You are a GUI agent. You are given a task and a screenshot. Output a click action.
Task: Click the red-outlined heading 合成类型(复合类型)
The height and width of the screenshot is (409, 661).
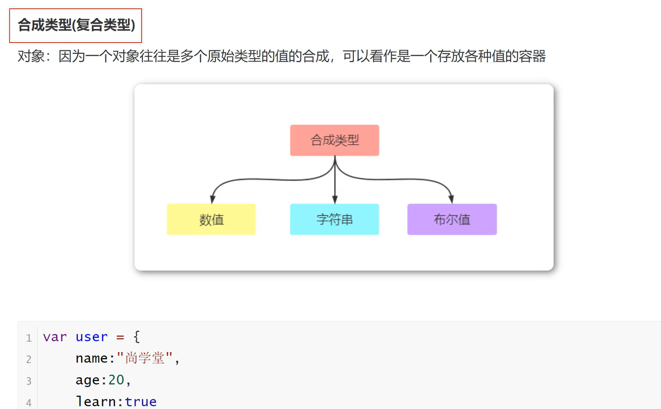[76, 25]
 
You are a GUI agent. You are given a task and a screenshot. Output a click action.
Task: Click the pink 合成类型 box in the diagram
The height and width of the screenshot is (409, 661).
[334, 140]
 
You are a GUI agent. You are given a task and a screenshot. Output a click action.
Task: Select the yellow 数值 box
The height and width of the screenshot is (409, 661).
[211, 219]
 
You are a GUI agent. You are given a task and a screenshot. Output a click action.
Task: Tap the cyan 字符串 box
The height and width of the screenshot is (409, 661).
[334, 219]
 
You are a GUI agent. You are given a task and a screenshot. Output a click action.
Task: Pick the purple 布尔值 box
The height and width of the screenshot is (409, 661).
[452, 219]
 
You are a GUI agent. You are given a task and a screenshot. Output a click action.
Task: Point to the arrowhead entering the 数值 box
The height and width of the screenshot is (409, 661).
[213, 199]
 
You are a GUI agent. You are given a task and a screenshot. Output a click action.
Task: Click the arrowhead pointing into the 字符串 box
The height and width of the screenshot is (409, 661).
[334, 199]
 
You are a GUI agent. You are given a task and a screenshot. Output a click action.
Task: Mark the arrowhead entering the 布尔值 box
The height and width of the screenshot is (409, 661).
[451, 199]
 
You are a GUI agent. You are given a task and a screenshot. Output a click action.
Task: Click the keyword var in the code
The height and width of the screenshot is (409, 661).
[55, 337]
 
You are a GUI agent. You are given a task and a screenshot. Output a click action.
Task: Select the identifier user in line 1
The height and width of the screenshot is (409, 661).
[92, 337]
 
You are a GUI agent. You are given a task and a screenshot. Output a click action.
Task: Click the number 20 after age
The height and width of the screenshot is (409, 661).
[116, 380]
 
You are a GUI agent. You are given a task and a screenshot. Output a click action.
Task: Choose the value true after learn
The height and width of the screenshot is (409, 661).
[140, 402]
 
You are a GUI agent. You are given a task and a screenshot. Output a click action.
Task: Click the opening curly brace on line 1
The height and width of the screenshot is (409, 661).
[137, 337]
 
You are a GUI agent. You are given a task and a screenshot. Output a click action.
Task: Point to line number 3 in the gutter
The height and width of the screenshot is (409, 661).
[29, 381]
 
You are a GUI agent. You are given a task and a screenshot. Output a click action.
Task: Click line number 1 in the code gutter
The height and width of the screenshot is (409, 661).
[29, 338]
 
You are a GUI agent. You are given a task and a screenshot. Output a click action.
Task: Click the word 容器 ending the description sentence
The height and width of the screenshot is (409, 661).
[532, 56]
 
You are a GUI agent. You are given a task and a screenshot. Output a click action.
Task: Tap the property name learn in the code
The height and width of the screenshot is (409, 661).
[96, 402]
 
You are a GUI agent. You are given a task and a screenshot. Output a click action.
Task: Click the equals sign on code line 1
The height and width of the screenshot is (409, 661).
[120, 337]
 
